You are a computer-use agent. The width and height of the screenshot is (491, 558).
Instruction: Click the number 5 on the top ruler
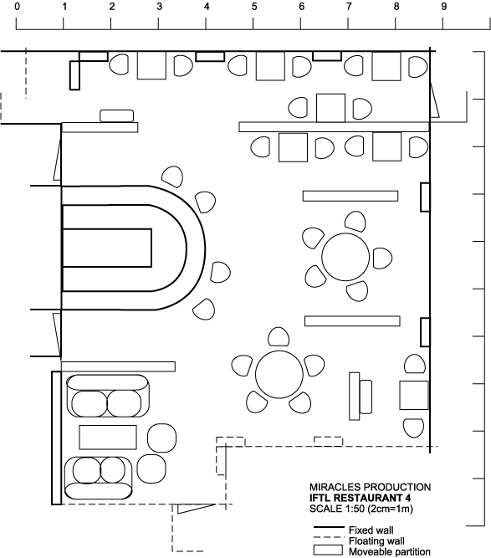tap(254, 7)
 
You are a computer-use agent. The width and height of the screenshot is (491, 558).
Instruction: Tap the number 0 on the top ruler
tap(17, 7)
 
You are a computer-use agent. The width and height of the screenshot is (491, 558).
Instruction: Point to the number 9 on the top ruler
tap(443, 7)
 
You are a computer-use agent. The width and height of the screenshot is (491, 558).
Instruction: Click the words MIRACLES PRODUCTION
tap(370, 487)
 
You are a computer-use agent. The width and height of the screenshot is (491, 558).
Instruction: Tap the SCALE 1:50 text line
tap(361, 509)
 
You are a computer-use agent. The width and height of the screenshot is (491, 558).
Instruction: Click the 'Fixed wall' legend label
tap(371, 530)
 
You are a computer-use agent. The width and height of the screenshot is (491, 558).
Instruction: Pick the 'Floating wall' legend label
tap(376, 541)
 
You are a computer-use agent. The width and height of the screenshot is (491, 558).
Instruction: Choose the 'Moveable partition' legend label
tap(390, 552)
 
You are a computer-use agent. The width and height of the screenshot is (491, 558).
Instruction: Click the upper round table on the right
tap(345, 257)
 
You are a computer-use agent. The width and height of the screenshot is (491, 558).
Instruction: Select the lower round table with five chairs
tap(279, 375)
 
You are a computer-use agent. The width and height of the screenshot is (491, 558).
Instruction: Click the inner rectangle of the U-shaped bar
tap(107, 248)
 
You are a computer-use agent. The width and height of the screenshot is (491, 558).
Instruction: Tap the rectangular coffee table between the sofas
tap(108, 438)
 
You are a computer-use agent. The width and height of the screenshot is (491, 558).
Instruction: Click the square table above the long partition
tap(330, 108)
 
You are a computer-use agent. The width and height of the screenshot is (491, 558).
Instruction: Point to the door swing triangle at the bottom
tap(195, 508)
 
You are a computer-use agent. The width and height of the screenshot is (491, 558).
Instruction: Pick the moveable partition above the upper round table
tap(350, 196)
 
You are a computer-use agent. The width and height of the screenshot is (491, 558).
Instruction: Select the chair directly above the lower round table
tap(279, 336)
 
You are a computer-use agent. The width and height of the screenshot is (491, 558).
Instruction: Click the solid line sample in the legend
tap(329, 527)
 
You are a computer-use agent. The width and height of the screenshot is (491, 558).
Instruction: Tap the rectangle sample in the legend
tap(328, 550)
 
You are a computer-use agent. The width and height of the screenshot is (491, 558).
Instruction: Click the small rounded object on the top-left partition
tap(117, 116)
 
